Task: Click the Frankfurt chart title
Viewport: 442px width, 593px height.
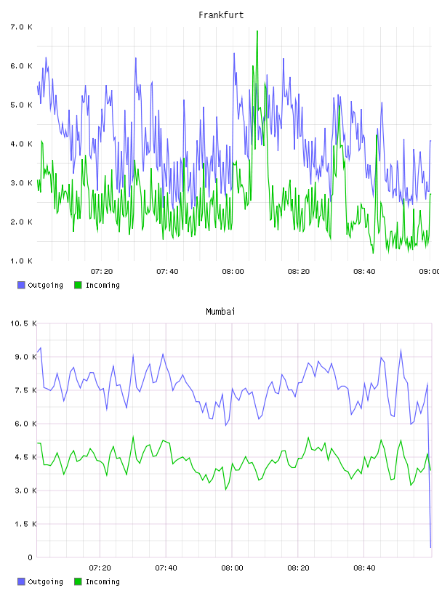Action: click(221, 15)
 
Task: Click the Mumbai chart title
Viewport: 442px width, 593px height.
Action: click(220, 312)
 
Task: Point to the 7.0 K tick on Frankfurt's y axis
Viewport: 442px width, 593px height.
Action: click(21, 27)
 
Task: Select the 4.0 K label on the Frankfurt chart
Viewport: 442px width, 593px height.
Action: click(21, 144)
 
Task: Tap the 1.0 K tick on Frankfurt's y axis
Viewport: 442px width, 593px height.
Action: click(21, 261)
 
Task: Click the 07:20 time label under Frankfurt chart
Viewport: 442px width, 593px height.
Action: click(102, 271)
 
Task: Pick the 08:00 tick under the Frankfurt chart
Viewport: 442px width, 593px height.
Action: click(233, 271)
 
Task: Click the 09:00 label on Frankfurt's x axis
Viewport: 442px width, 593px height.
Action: click(430, 271)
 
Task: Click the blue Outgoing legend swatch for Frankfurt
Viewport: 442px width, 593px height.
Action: click(21, 285)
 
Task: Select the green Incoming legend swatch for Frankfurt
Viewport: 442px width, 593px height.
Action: click(78, 285)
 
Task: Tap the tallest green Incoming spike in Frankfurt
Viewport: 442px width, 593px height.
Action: click(257, 31)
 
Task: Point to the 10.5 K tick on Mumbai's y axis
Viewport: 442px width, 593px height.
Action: click(23, 323)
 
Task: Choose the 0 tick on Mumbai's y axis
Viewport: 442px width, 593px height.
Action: click(30, 557)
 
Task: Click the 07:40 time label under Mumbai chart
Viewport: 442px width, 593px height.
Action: click(166, 568)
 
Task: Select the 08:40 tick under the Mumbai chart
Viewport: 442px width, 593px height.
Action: click(364, 568)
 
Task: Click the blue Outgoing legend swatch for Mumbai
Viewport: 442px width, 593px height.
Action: click(21, 581)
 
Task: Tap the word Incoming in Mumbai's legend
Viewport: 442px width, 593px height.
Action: click(103, 581)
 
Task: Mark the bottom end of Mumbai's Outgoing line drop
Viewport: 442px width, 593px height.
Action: click(430, 547)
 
